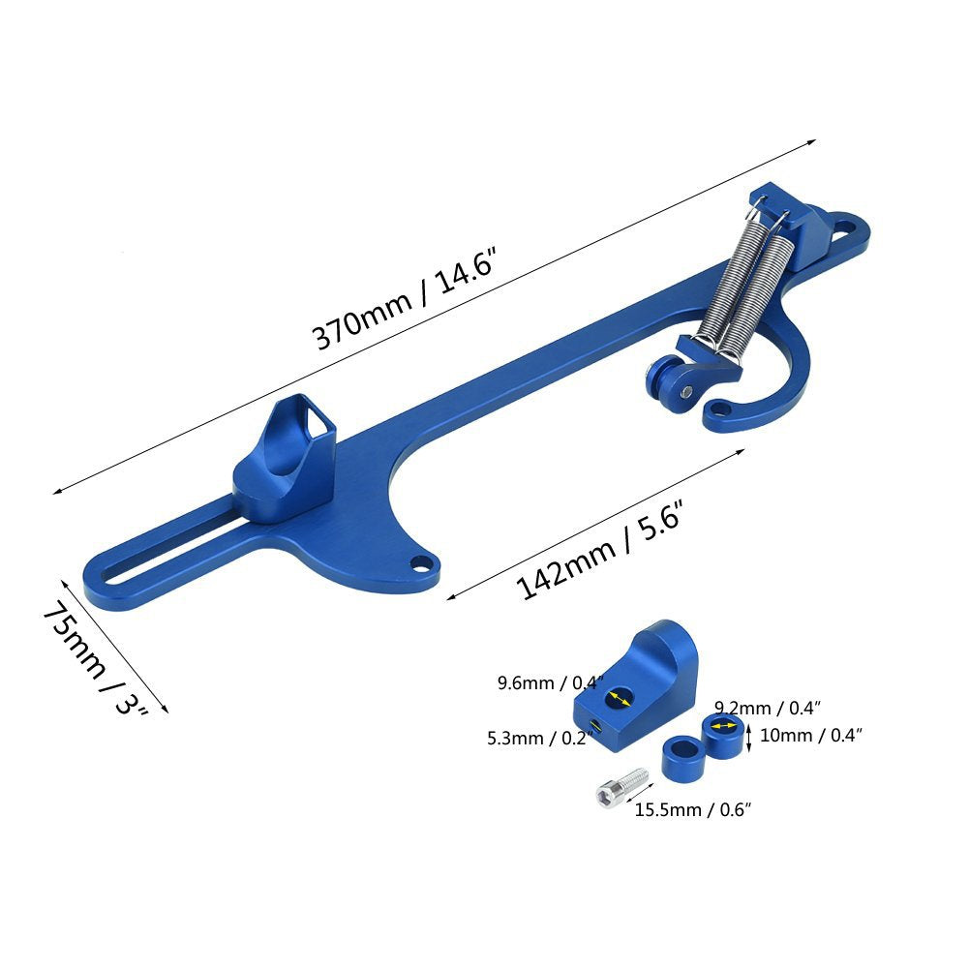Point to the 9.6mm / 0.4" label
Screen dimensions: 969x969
pos(550,682)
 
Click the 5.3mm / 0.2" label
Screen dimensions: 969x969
pos(540,738)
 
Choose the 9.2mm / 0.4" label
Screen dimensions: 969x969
pos(768,708)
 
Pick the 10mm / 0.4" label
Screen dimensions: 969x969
pos(810,735)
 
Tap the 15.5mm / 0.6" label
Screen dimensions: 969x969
pos(693,809)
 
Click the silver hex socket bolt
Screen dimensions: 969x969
pos(622,787)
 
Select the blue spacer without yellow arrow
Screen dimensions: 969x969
pos(682,757)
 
